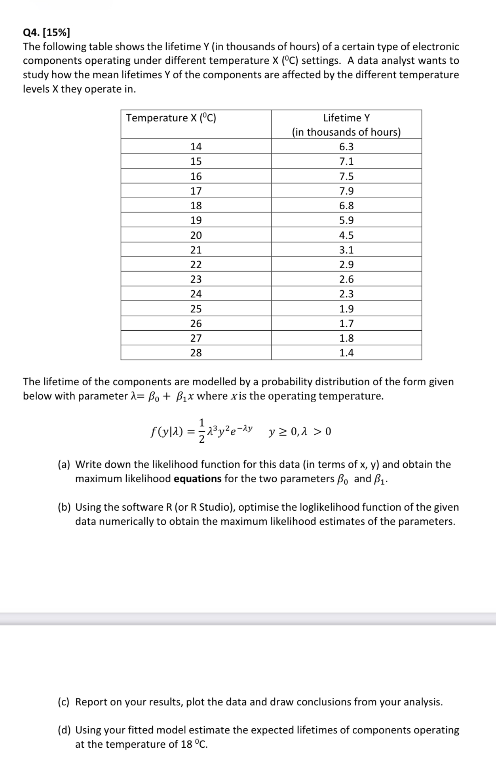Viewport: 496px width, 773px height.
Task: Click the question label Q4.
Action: [31, 32]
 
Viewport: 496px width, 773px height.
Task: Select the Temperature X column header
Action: [171, 118]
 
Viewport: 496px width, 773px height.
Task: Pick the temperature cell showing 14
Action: [196, 147]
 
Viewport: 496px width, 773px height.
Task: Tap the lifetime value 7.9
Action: [346, 191]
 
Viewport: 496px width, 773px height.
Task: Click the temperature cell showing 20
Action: [196, 235]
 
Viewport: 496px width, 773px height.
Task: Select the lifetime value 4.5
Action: [346, 235]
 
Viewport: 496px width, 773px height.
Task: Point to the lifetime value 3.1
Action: [346, 250]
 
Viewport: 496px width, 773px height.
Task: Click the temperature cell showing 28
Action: [196, 353]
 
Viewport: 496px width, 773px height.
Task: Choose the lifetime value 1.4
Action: [346, 353]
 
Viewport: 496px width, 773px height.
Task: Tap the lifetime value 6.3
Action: [346, 147]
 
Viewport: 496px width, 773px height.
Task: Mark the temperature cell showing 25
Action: [196, 309]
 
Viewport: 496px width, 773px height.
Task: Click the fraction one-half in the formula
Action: [202, 431]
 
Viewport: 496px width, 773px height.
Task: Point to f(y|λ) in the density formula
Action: [167, 432]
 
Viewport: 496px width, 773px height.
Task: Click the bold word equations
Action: [198, 479]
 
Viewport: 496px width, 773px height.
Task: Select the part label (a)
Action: [64, 464]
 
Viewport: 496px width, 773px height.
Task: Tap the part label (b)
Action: [64, 507]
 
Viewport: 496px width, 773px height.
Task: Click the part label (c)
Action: [64, 702]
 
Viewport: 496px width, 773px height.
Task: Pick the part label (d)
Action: [64, 730]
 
